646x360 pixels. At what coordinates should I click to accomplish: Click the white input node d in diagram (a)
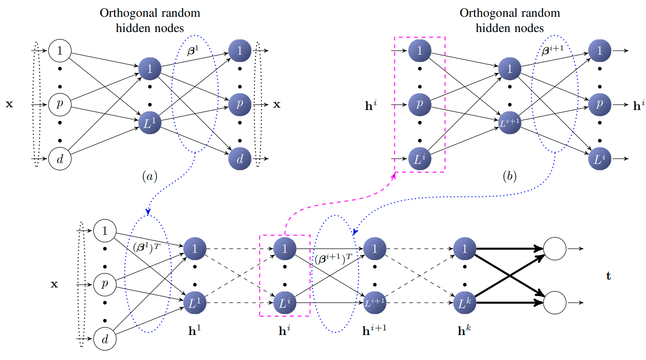pyautogui.click(x=60, y=159)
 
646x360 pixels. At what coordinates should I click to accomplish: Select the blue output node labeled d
pyautogui.click(x=240, y=159)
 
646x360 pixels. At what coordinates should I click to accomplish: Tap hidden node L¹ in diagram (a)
pyautogui.click(x=150, y=123)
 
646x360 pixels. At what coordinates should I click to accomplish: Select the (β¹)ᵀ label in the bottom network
pyautogui.click(x=146, y=247)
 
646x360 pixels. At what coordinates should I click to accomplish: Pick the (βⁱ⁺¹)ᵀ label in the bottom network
pyautogui.click(x=333, y=259)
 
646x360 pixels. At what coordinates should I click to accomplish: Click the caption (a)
pyautogui.click(x=150, y=177)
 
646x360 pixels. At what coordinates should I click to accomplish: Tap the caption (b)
pyautogui.click(x=509, y=177)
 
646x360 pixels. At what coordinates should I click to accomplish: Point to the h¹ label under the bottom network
pyautogui.click(x=194, y=331)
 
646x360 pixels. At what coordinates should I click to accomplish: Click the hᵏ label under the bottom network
pyautogui.click(x=464, y=331)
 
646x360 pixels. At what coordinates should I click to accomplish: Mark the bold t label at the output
pyautogui.click(x=609, y=276)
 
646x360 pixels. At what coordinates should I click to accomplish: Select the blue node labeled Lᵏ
pyautogui.click(x=465, y=303)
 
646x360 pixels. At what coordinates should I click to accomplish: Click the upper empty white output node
pyautogui.click(x=555, y=248)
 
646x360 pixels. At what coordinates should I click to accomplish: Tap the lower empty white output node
pyautogui.click(x=555, y=303)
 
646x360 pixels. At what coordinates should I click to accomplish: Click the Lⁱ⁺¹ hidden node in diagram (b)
pyautogui.click(x=509, y=123)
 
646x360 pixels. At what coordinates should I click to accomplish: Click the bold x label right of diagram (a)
pyautogui.click(x=277, y=105)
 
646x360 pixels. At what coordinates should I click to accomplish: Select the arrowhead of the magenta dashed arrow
pyautogui.click(x=394, y=176)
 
